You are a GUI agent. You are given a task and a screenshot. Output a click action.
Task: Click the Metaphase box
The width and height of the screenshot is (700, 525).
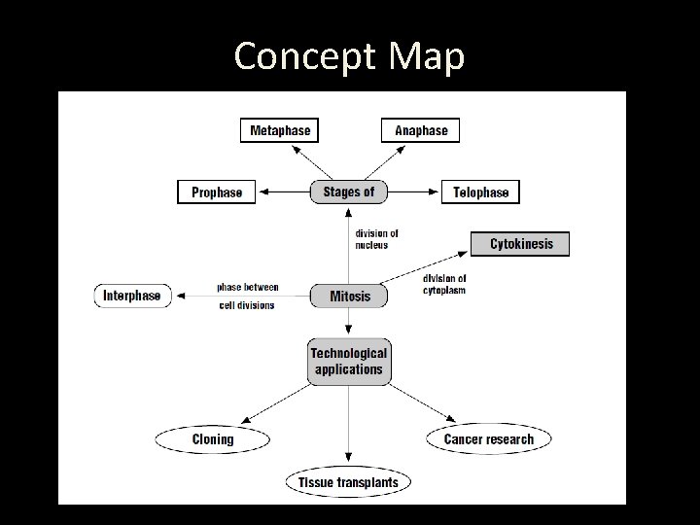[280, 130]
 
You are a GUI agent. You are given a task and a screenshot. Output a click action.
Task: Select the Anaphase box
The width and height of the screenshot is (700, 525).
[420, 130]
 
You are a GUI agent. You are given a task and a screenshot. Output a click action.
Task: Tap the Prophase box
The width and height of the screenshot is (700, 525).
[216, 192]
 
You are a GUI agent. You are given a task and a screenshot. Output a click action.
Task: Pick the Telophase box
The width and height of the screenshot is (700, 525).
[480, 192]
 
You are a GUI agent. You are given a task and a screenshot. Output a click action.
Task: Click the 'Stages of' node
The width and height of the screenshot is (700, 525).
[348, 192]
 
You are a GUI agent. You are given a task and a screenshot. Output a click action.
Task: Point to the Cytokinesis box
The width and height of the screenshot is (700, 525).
[520, 244]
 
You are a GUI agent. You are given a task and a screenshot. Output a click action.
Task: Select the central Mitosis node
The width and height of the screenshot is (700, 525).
[349, 296]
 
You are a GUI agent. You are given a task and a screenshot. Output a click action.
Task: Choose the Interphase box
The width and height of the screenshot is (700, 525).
[133, 296]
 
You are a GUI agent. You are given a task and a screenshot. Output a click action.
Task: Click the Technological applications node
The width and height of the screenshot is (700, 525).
[348, 361]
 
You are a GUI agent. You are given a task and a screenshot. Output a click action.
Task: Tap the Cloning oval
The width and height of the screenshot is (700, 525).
[212, 439]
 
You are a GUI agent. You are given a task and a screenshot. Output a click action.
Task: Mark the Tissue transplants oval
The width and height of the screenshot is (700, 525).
[348, 481]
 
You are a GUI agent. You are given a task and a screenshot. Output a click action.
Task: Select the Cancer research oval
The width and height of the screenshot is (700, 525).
[488, 439]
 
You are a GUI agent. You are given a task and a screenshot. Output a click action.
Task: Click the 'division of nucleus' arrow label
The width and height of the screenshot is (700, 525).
[376, 239]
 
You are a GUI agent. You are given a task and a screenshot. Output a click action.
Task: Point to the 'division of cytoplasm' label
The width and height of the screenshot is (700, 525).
[444, 284]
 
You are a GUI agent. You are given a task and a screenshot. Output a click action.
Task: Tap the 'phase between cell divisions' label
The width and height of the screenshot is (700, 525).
[247, 296]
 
